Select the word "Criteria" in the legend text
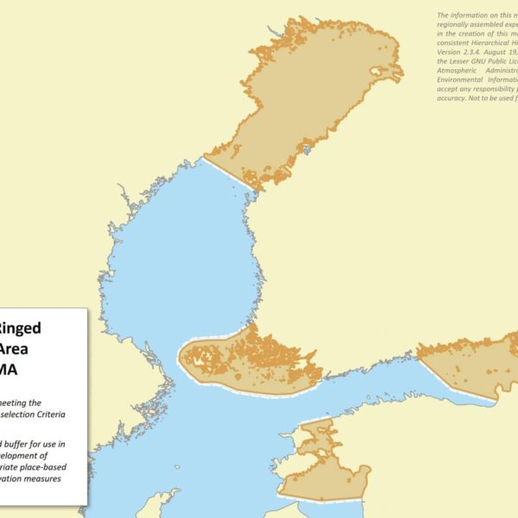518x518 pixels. coord(66,414)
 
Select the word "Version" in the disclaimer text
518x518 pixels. coord(451,53)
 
